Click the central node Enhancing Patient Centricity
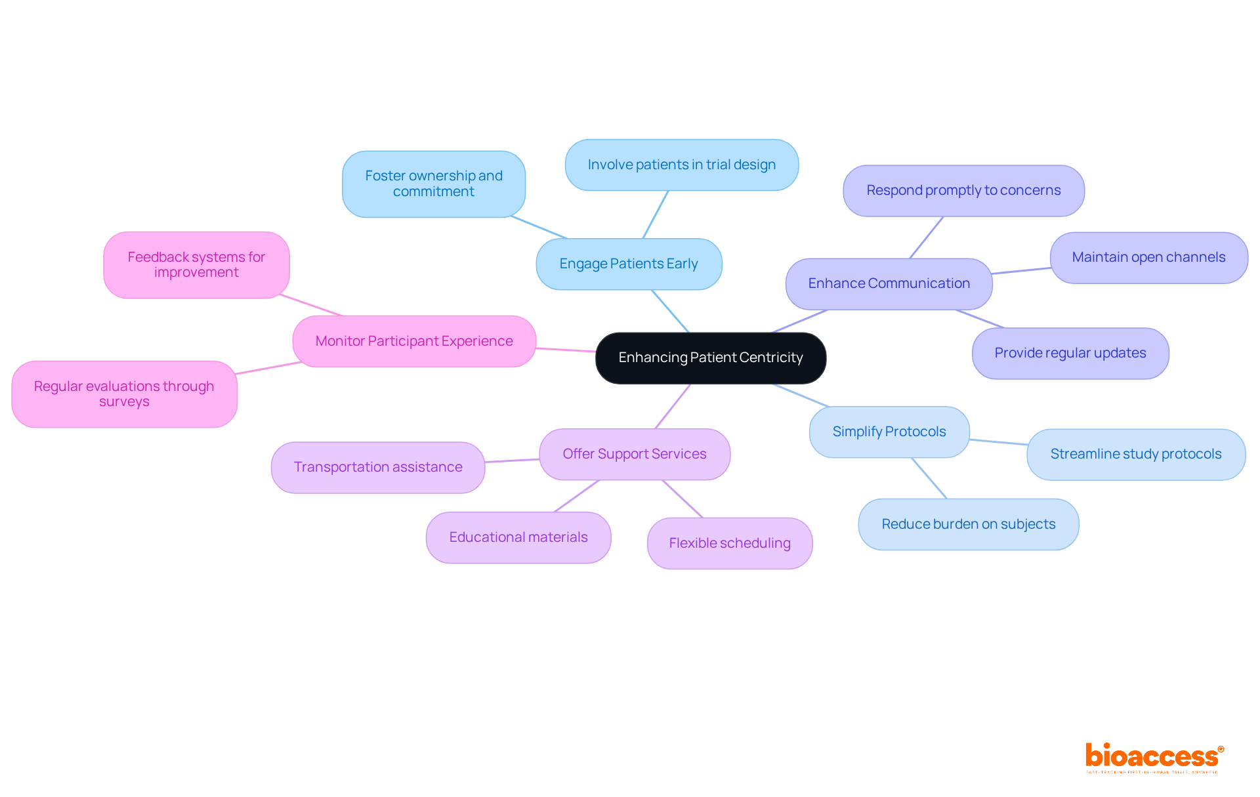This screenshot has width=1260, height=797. (711, 358)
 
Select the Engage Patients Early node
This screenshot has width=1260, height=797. (629, 264)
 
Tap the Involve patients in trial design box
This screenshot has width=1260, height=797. (681, 165)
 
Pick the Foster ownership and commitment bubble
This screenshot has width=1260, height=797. (434, 184)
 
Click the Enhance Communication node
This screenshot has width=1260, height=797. (889, 283)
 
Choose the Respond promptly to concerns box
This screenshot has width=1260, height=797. (963, 190)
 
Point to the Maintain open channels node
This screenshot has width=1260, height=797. (1148, 257)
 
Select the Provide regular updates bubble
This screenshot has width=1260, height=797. (1070, 353)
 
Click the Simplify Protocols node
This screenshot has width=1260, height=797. (889, 432)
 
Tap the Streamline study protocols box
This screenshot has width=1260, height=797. (1135, 454)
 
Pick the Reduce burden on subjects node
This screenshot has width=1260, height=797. (968, 524)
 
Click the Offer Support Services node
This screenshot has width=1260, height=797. (635, 454)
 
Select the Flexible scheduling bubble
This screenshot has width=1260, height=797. (730, 543)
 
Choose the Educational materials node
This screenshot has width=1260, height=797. (518, 537)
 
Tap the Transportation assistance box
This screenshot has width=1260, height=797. (378, 467)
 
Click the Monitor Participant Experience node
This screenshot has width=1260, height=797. (414, 341)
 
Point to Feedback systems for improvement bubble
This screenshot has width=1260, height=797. (196, 264)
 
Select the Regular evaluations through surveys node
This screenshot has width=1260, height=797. (124, 394)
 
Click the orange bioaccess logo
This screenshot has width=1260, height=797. (1154, 757)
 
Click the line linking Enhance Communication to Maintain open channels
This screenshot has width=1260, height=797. (1021, 270)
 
